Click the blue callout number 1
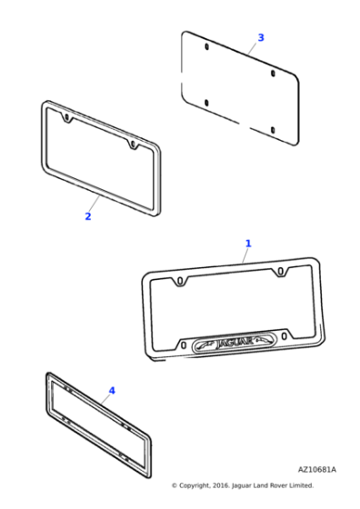coord(247,244)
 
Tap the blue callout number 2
coord(87,216)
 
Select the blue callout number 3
coord(260,37)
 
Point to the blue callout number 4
coord(112,391)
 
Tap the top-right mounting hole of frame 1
coord(281,271)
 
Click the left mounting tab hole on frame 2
coord(67,117)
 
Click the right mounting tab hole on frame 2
coord(133,144)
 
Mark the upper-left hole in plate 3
coord(206,46)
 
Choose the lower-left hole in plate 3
coord(207,101)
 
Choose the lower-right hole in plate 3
coord(272,128)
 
